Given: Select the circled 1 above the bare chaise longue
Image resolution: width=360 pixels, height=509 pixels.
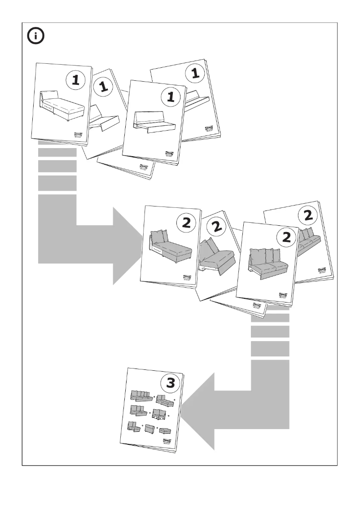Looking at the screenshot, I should [x=75, y=80].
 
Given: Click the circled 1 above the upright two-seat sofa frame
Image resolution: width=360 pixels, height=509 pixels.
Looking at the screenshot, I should [x=170, y=97].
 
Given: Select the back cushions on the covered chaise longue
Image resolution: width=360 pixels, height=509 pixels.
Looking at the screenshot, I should [x=158, y=236].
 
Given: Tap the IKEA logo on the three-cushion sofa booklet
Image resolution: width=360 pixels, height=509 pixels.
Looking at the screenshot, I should [x=284, y=296].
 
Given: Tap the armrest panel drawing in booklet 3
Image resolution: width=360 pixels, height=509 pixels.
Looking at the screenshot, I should [x=149, y=429].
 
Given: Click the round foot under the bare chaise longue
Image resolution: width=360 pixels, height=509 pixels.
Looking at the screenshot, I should [x=67, y=120].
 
